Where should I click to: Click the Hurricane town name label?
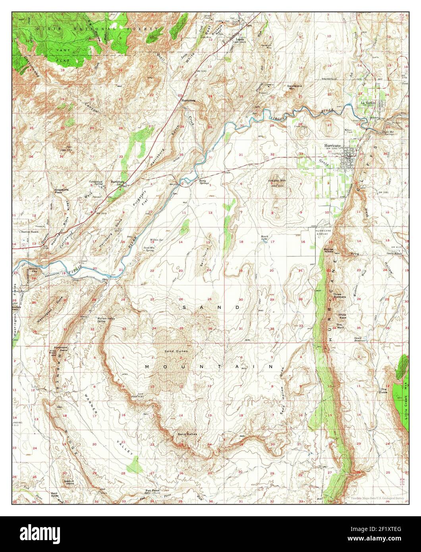[x=332, y=146]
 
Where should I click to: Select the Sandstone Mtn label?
[x=296, y=87]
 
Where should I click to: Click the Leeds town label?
[x=239, y=39]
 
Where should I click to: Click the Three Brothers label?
[x=340, y=295]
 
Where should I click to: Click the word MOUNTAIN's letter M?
[x=148, y=366]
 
